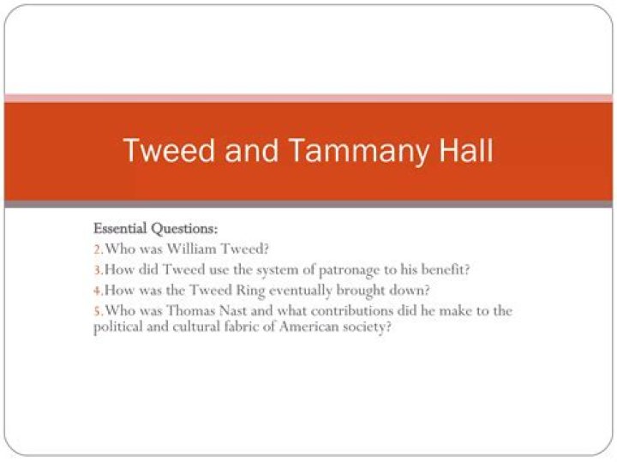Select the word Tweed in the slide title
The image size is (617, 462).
(x=170, y=151)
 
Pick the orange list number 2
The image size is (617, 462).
(x=97, y=249)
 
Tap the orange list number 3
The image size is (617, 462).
(x=97, y=270)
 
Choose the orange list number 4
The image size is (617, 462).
(x=97, y=290)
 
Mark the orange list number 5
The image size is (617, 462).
(x=97, y=310)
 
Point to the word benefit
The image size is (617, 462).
(x=444, y=269)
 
